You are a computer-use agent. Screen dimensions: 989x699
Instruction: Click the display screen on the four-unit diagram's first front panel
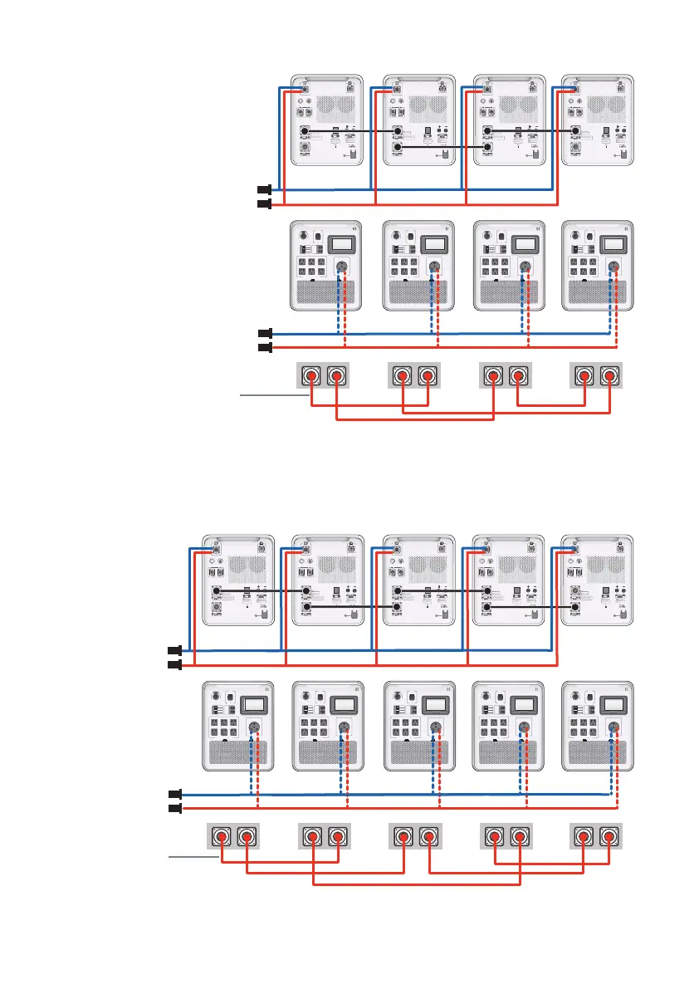(x=344, y=245)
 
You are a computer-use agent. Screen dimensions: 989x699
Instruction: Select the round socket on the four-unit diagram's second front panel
(x=433, y=267)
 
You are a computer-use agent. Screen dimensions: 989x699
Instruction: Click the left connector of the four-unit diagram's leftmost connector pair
(x=311, y=376)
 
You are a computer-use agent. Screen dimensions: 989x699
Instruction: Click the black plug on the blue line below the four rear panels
(x=264, y=189)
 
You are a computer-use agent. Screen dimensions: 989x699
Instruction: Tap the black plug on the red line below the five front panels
(x=174, y=807)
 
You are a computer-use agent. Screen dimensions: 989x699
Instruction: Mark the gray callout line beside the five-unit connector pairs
(x=193, y=856)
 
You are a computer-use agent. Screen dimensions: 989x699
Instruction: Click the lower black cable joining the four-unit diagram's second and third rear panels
(x=442, y=147)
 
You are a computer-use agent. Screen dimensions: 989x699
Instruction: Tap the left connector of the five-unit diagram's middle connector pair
(x=403, y=836)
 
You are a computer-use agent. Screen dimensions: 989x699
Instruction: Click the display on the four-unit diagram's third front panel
(x=524, y=245)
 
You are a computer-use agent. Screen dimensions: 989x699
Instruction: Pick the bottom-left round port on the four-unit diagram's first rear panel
(x=305, y=149)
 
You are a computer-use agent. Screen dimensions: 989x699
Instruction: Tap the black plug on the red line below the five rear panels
(x=174, y=666)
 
